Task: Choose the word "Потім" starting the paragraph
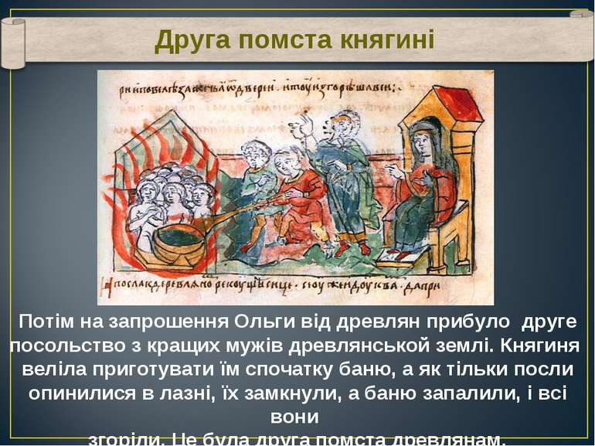point(44,321)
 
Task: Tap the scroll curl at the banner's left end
point(13,43)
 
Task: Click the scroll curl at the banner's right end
point(581,35)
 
